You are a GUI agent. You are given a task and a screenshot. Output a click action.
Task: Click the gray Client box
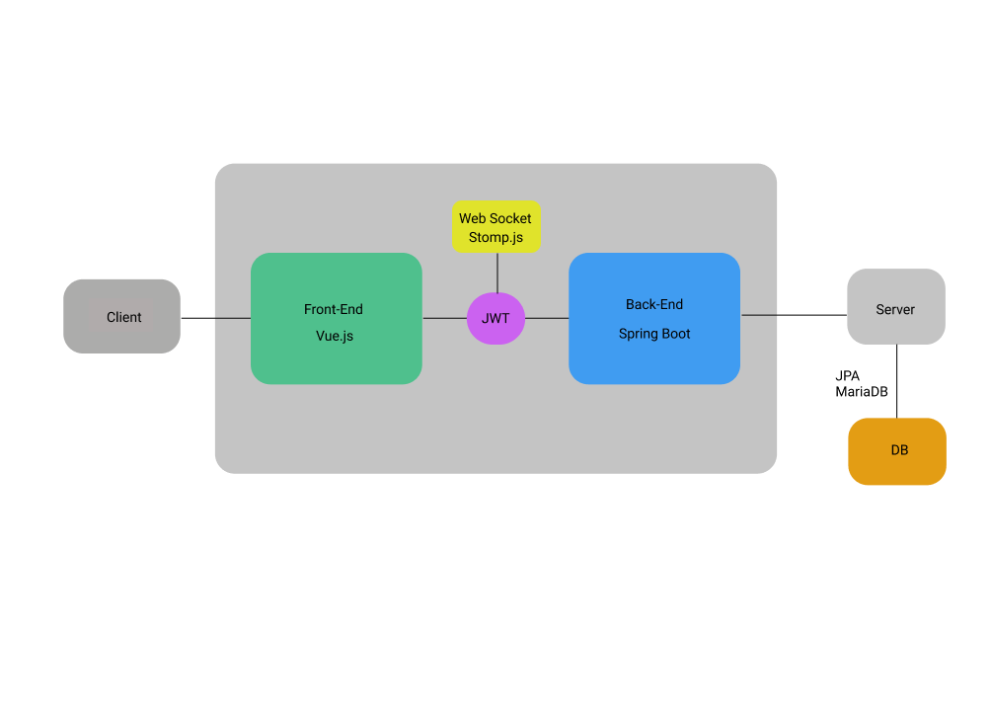point(121,316)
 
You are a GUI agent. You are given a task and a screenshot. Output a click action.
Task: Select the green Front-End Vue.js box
point(336,318)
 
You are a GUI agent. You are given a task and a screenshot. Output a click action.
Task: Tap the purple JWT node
point(495,318)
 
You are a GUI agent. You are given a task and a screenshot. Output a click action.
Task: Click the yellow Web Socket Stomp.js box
point(495,227)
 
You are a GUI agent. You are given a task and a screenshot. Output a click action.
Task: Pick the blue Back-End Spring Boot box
point(653,318)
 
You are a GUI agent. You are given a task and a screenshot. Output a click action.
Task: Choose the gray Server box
point(895,307)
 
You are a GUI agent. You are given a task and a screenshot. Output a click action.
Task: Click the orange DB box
point(896,450)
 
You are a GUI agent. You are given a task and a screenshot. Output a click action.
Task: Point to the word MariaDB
point(861,392)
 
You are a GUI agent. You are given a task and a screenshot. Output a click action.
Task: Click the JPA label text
point(847,376)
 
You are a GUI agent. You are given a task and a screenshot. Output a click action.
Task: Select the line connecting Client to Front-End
point(215,318)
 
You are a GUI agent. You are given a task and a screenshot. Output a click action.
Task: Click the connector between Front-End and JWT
point(444,318)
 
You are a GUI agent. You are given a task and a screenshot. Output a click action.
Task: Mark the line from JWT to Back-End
point(547,318)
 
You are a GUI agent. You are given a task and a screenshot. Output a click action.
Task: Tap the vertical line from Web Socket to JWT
point(496,272)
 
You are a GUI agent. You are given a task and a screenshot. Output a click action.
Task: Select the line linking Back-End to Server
point(794,315)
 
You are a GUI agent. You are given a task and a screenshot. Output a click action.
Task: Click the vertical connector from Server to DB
point(896,381)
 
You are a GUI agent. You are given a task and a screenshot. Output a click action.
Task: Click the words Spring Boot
point(654,334)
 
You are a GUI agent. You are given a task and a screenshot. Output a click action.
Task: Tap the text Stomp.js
point(495,237)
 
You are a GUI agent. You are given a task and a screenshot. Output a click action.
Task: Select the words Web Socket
point(495,218)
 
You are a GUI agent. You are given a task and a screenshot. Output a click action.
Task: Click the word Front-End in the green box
point(334,309)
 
